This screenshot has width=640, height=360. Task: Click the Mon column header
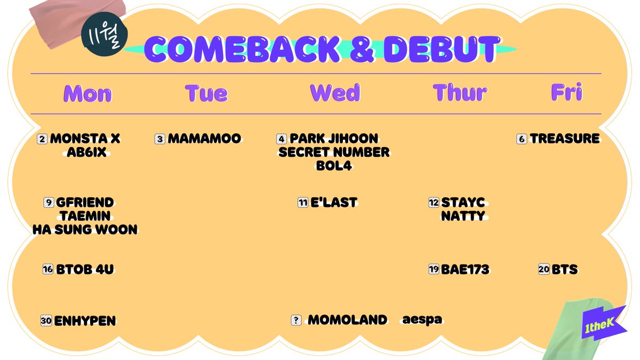(x=87, y=93)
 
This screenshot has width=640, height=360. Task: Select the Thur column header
(x=460, y=93)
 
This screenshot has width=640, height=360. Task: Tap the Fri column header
(x=566, y=92)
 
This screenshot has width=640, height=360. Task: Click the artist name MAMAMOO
(x=204, y=139)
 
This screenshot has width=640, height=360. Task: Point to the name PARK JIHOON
(x=334, y=139)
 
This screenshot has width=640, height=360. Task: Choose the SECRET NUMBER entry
(x=334, y=153)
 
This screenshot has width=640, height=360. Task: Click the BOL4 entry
(x=334, y=166)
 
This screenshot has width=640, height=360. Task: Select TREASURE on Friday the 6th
(x=565, y=139)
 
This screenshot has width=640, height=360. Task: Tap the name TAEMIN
(x=85, y=216)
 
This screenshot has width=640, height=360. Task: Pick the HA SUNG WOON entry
(x=85, y=230)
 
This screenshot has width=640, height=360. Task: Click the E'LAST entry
(x=334, y=202)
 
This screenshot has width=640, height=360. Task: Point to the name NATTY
(x=463, y=216)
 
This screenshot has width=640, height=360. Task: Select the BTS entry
(x=565, y=269)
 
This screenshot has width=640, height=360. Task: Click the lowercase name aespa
(x=422, y=319)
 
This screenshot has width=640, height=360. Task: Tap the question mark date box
(x=296, y=320)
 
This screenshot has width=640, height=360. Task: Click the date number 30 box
(x=46, y=321)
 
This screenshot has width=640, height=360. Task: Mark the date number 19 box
(x=434, y=269)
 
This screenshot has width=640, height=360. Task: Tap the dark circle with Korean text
(x=105, y=34)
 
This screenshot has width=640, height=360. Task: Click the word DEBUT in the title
(x=442, y=49)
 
